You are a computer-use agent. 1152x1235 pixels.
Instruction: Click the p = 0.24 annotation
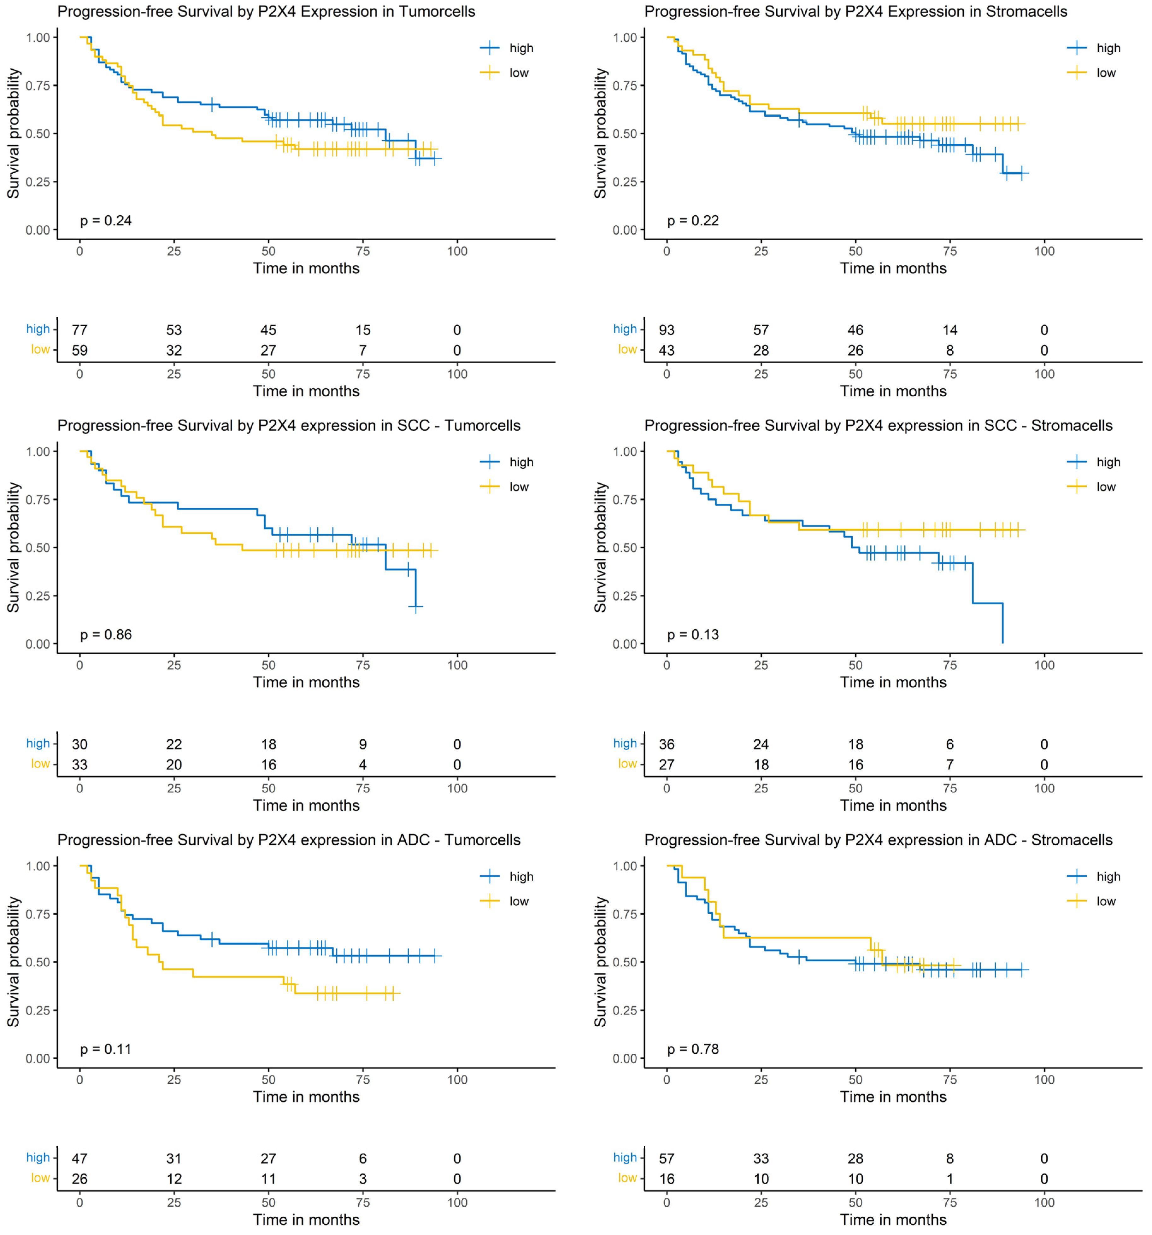point(106,220)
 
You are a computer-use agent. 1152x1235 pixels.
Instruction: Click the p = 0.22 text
point(693,220)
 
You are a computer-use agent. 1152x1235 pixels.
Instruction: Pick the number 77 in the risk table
point(79,330)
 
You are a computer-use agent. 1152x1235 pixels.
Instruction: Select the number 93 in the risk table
point(667,330)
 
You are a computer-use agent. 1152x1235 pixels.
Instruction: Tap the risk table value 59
point(79,350)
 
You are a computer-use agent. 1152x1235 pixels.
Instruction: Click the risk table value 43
point(667,350)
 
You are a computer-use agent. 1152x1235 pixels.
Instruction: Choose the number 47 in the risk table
point(79,1159)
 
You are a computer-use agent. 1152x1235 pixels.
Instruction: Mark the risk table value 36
point(667,744)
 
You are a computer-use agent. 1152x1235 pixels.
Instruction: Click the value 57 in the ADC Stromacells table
point(667,1159)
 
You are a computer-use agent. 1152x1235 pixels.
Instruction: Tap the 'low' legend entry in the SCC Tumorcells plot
point(519,487)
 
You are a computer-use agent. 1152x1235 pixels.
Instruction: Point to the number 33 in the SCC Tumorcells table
point(79,765)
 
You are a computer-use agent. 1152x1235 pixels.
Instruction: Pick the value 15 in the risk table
point(363,330)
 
